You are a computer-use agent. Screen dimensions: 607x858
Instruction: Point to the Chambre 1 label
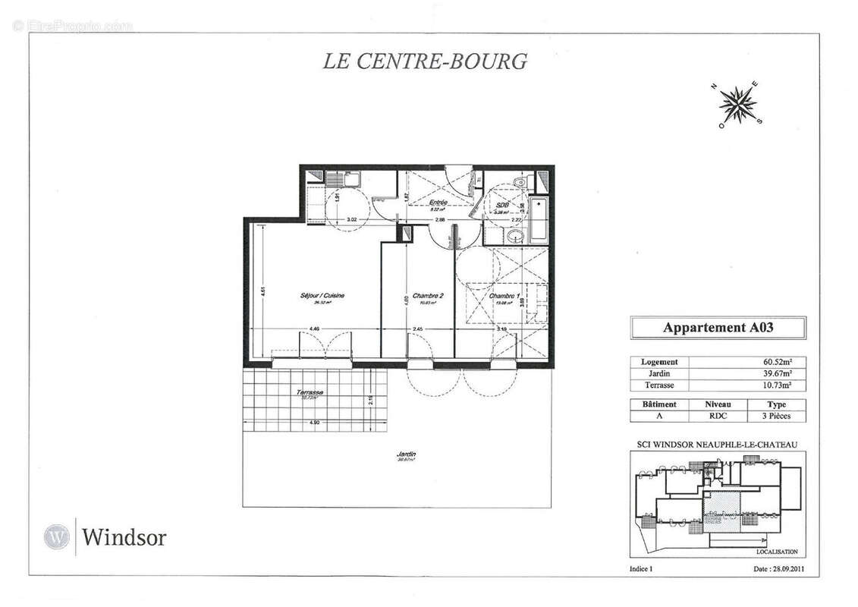504,297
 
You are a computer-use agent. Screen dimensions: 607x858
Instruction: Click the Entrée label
437,203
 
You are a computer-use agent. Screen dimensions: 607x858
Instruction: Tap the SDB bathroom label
501,206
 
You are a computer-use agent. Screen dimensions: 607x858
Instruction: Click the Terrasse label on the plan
310,392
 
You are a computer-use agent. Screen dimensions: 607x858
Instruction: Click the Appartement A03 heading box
718,328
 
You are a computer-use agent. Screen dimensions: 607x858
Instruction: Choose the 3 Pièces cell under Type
777,417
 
